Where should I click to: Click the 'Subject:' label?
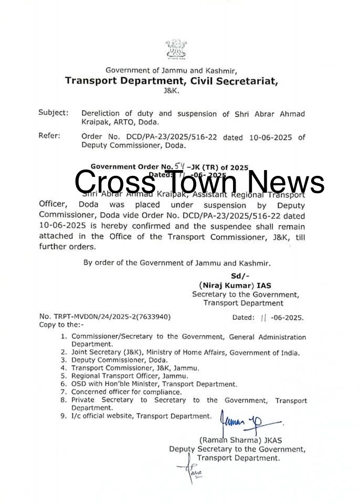(53, 113)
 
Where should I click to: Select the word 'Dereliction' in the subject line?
(101, 113)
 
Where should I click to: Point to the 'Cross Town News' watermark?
(199, 182)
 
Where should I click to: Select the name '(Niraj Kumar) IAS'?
(234, 285)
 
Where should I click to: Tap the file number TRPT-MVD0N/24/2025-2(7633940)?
(105, 317)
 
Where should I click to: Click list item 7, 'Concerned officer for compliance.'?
(126, 392)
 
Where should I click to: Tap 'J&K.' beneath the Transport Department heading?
(171, 90)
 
